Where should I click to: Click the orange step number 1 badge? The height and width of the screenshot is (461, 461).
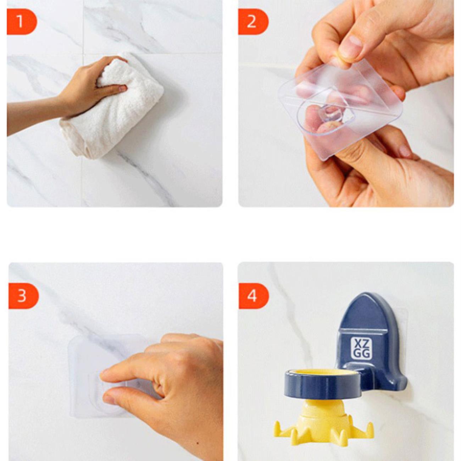[22, 22]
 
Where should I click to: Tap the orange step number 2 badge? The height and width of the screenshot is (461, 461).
[253, 22]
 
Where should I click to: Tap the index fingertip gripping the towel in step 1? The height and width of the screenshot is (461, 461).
[122, 89]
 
